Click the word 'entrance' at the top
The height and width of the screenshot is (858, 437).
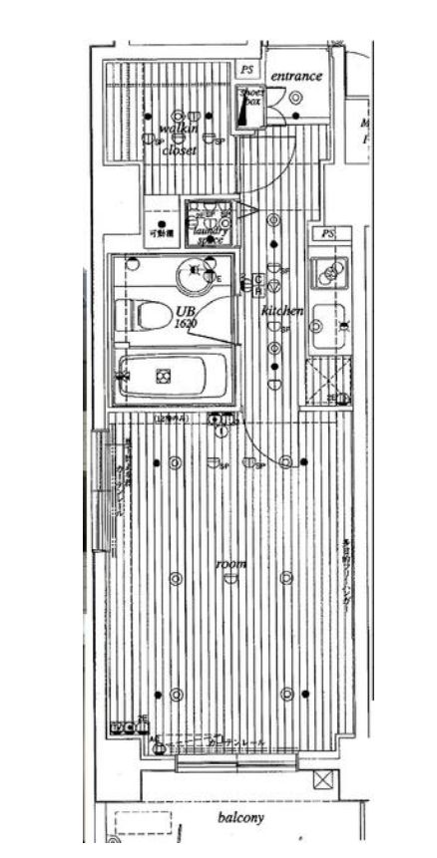[x=296, y=76]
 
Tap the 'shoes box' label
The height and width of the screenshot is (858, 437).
[x=249, y=98]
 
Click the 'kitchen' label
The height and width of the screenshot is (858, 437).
[x=281, y=312]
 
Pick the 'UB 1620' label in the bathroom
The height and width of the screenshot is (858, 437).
[x=184, y=318]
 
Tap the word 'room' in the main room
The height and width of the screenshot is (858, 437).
[x=230, y=564]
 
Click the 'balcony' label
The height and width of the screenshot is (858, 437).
[x=240, y=818]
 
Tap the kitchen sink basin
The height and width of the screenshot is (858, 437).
[x=328, y=324]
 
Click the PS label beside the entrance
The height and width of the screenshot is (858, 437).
[x=246, y=69]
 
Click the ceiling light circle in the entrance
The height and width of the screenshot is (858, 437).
[x=296, y=97]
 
